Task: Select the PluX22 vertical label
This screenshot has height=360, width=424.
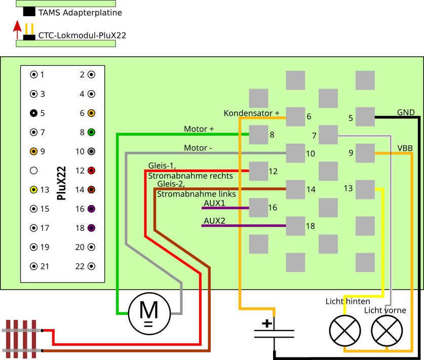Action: (x=62, y=183)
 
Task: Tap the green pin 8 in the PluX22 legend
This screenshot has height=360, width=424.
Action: (x=91, y=132)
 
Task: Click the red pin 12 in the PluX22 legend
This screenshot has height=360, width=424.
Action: (x=91, y=171)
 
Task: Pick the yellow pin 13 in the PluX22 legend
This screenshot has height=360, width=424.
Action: (x=34, y=190)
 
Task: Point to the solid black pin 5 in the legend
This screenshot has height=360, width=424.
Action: (x=34, y=113)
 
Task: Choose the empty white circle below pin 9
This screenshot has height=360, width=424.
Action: (x=34, y=171)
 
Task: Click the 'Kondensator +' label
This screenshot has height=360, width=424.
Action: (x=251, y=113)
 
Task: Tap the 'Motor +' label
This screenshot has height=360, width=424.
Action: (x=199, y=129)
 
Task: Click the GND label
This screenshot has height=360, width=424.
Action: (x=406, y=112)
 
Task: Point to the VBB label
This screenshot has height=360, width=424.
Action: (x=405, y=148)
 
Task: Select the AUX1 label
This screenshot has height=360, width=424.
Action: (x=214, y=203)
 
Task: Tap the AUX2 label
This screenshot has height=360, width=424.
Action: (x=214, y=221)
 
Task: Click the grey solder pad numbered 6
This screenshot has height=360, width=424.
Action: (x=295, y=116)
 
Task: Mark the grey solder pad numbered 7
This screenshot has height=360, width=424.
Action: (x=328, y=135)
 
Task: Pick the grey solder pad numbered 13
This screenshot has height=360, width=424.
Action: (x=365, y=189)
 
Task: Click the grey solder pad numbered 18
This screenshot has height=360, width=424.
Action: (x=295, y=226)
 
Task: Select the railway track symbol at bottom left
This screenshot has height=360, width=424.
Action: (x=21, y=339)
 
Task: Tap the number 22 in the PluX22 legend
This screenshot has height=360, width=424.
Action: (x=80, y=266)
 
